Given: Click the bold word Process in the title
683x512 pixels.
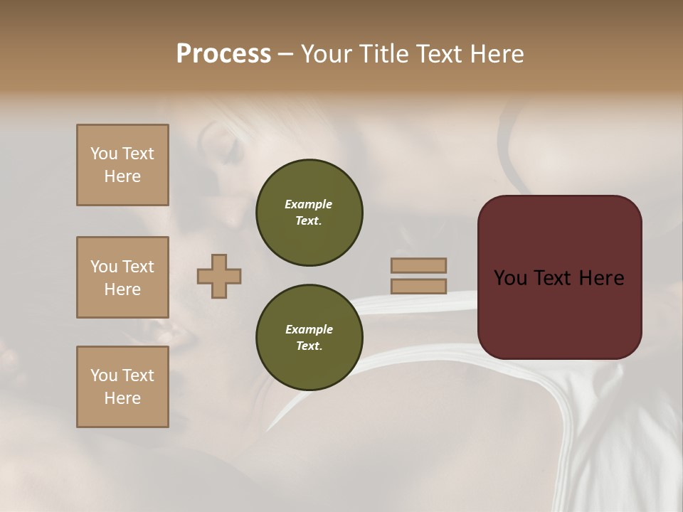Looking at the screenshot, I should click(x=223, y=54).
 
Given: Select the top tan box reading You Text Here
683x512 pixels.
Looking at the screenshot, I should click(x=122, y=165).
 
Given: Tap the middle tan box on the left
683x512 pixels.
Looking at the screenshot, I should click(x=122, y=277).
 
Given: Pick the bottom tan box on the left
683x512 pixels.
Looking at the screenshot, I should click(x=122, y=387).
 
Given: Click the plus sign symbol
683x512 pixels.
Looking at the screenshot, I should click(x=219, y=276).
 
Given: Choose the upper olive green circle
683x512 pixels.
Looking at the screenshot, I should click(x=309, y=213).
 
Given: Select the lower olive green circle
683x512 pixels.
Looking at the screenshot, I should click(x=309, y=338).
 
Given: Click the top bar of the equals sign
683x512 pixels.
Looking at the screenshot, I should click(x=418, y=265).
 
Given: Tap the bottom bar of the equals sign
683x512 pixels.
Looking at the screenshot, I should click(x=418, y=286).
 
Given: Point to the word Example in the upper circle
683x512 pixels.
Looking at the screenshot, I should click(x=309, y=204).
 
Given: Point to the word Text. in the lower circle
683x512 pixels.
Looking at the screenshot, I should click(x=309, y=346).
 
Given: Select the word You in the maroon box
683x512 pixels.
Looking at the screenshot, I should click(x=510, y=278).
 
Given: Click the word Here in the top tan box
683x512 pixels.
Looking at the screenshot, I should click(x=122, y=176).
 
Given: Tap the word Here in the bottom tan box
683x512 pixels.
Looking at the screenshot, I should click(x=122, y=398).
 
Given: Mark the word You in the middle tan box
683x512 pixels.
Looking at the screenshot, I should click(x=103, y=267).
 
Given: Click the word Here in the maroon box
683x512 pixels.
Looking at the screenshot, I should click(x=600, y=278).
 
